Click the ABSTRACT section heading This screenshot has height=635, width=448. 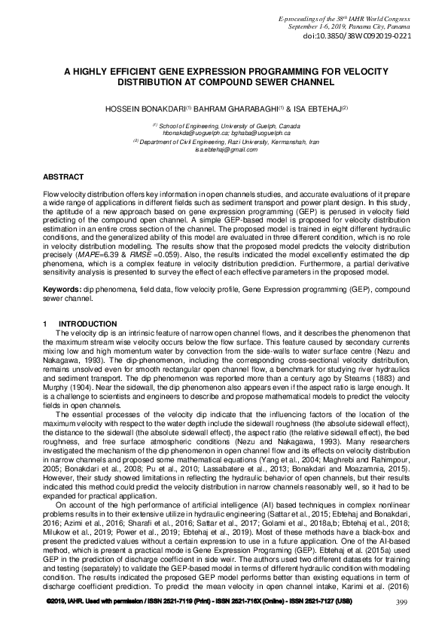click(63, 176)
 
